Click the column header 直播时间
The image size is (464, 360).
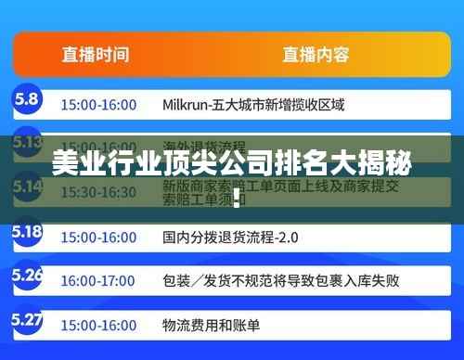click(x=95, y=54)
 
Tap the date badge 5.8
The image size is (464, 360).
click(x=26, y=97)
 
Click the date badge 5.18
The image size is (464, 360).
click(x=28, y=231)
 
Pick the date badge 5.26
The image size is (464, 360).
click(x=28, y=276)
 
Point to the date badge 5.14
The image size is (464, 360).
click(x=28, y=186)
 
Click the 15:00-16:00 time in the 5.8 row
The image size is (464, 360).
click(x=97, y=105)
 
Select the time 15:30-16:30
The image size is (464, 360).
click(x=97, y=192)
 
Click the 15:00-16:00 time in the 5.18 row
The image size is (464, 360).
click(x=97, y=237)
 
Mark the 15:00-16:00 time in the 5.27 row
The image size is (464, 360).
click(x=97, y=326)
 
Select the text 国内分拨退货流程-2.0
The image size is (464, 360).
click(x=230, y=237)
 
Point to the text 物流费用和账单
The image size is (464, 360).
click(x=211, y=326)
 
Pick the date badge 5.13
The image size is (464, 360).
click(x=28, y=142)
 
